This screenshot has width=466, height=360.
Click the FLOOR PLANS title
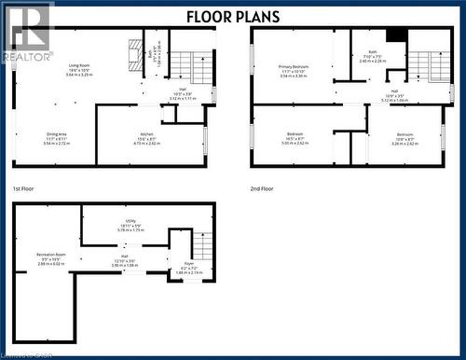pyautogui.click(x=233, y=16)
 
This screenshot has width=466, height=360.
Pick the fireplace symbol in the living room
pyautogui.click(x=136, y=50)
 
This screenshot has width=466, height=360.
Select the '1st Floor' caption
pyautogui.click(x=24, y=188)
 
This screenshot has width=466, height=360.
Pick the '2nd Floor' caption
pyautogui.click(x=262, y=188)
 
